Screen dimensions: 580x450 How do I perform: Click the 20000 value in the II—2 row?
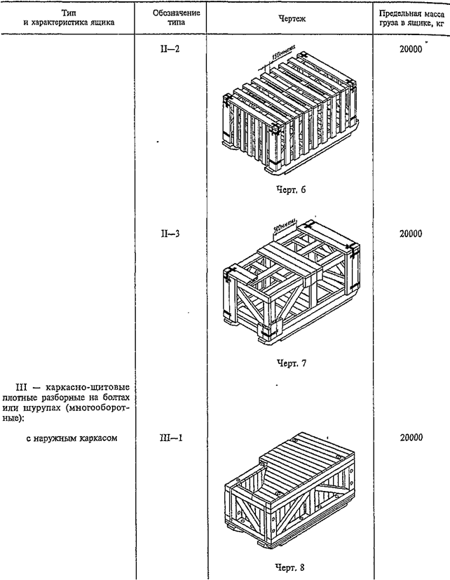(x=410, y=50)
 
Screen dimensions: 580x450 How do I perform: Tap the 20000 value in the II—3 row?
(x=410, y=234)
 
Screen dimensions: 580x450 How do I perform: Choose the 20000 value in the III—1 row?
(x=410, y=437)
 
